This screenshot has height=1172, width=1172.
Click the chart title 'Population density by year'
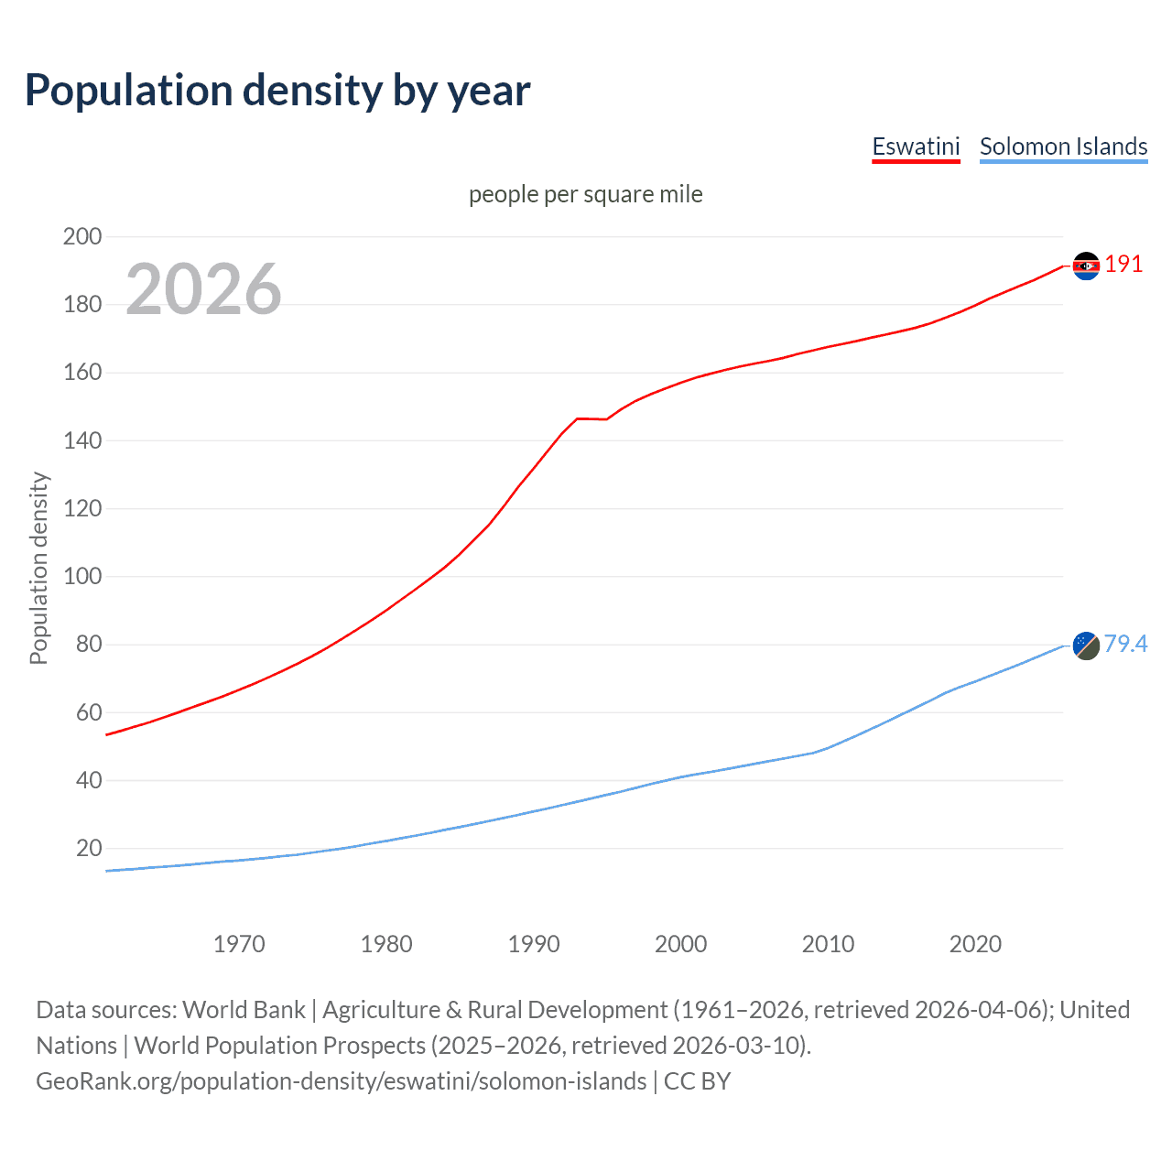pyautogui.click(x=277, y=91)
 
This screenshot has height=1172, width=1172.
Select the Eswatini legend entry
pyautogui.click(x=916, y=146)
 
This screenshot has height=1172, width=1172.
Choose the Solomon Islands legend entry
pyautogui.click(x=1063, y=146)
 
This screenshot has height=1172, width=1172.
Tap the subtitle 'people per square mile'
pyautogui.click(x=586, y=194)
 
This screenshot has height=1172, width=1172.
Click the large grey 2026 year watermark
pyautogui.click(x=203, y=289)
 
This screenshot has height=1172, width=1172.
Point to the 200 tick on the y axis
pyautogui.click(x=82, y=236)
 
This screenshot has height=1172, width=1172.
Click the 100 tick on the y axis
pyautogui.click(x=82, y=577)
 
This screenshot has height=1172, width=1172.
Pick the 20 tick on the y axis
pyautogui.click(x=89, y=849)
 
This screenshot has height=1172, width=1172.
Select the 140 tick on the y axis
pyautogui.click(x=82, y=440)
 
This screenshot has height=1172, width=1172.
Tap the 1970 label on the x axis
pyautogui.click(x=239, y=944)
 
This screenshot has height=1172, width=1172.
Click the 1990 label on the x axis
pyautogui.click(x=534, y=944)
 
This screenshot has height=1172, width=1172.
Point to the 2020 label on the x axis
pyautogui.click(x=975, y=944)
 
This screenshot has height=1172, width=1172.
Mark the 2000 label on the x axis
pyautogui.click(x=681, y=944)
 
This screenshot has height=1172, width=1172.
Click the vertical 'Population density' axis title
pyautogui.click(x=38, y=568)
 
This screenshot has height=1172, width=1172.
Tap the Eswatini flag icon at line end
pyautogui.click(x=1086, y=266)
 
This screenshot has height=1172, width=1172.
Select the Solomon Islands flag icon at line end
pyautogui.click(x=1086, y=646)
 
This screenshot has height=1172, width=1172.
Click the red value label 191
pyautogui.click(x=1123, y=265)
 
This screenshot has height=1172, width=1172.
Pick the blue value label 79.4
pyautogui.click(x=1125, y=645)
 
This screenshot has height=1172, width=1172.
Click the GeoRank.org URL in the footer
pyautogui.click(x=341, y=1081)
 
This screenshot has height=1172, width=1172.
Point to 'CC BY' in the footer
pyautogui.click(x=697, y=1081)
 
